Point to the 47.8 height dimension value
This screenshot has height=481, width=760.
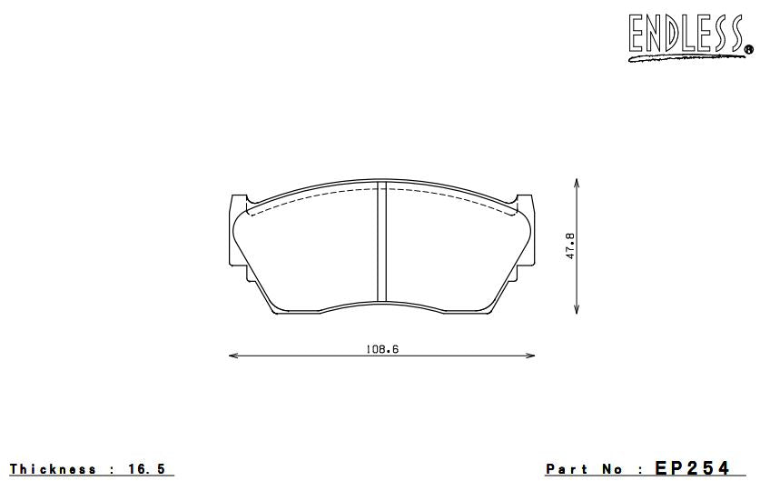(x=570, y=246)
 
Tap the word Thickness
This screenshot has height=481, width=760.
(x=54, y=469)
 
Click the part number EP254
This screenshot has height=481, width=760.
(x=691, y=468)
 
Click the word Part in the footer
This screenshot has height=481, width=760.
(x=567, y=469)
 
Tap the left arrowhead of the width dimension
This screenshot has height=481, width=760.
(x=231, y=356)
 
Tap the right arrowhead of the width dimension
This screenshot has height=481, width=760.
(x=532, y=356)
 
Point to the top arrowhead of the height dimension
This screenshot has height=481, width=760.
(x=577, y=182)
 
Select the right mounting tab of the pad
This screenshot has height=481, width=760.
(x=524, y=202)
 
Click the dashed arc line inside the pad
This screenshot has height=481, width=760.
(x=309, y=197)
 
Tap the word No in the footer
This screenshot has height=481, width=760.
(x=617, y=469)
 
